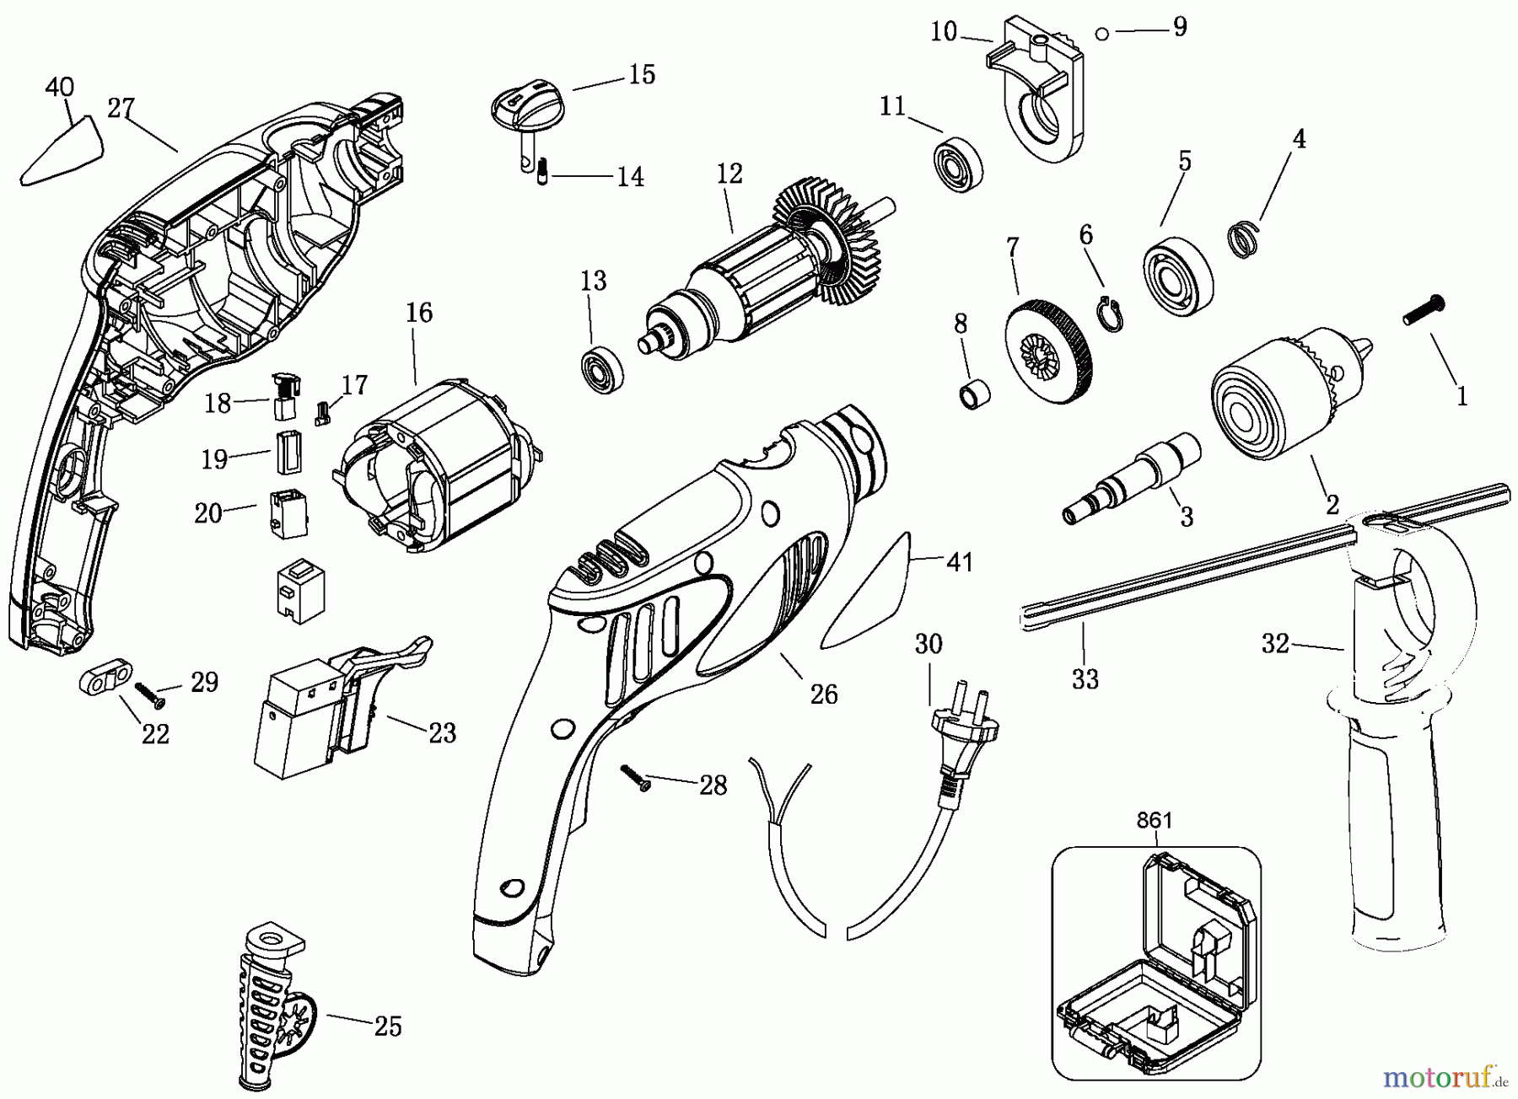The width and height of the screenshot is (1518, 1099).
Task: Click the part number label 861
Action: pos(1154,819)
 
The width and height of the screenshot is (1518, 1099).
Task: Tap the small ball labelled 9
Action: pos(1101,33)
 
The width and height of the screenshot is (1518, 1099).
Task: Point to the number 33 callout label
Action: pos(1085,679)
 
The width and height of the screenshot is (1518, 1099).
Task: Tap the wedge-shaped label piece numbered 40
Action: pos(62,151)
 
